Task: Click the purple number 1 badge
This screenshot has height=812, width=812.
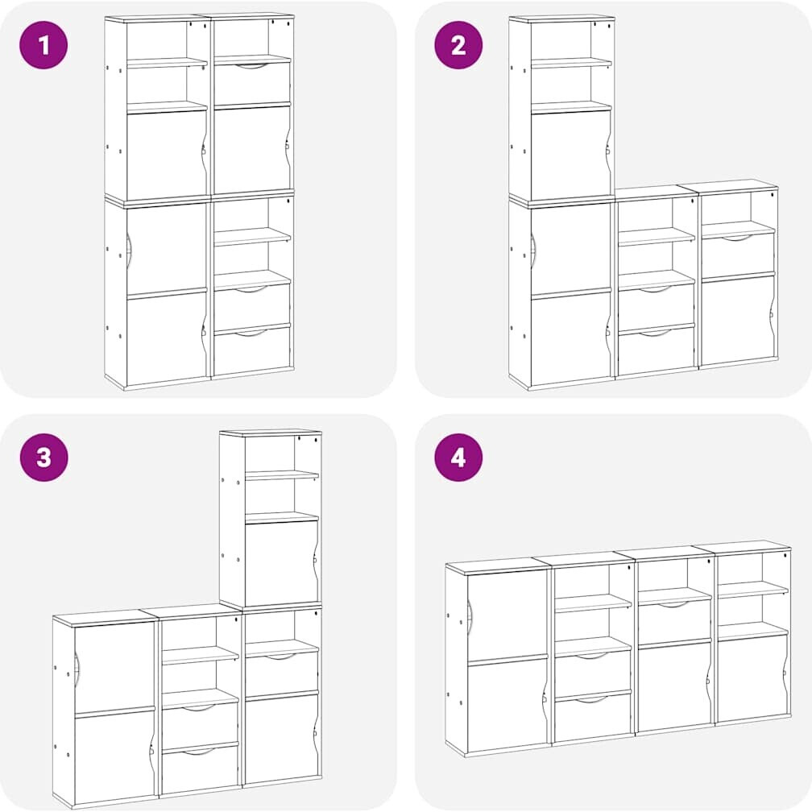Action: point(43,45)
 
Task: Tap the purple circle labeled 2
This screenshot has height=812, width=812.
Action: point(458,45)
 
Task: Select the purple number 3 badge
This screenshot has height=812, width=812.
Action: point(44,458)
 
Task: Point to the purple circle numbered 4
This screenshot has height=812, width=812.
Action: point(458,458)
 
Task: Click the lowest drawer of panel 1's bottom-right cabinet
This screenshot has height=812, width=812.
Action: point(252,350)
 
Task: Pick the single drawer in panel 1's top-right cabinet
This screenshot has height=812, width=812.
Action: point(252,82)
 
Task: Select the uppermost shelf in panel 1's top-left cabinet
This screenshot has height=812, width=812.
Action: point(167,63)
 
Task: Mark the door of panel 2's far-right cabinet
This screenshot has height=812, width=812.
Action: point(738,320)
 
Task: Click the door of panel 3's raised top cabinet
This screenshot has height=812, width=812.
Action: point(281,562)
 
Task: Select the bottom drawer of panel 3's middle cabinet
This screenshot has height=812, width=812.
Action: point(201,769)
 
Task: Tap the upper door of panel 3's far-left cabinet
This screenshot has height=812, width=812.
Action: point(115,666)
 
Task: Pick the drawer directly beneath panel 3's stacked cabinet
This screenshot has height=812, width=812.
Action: point(282,672)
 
